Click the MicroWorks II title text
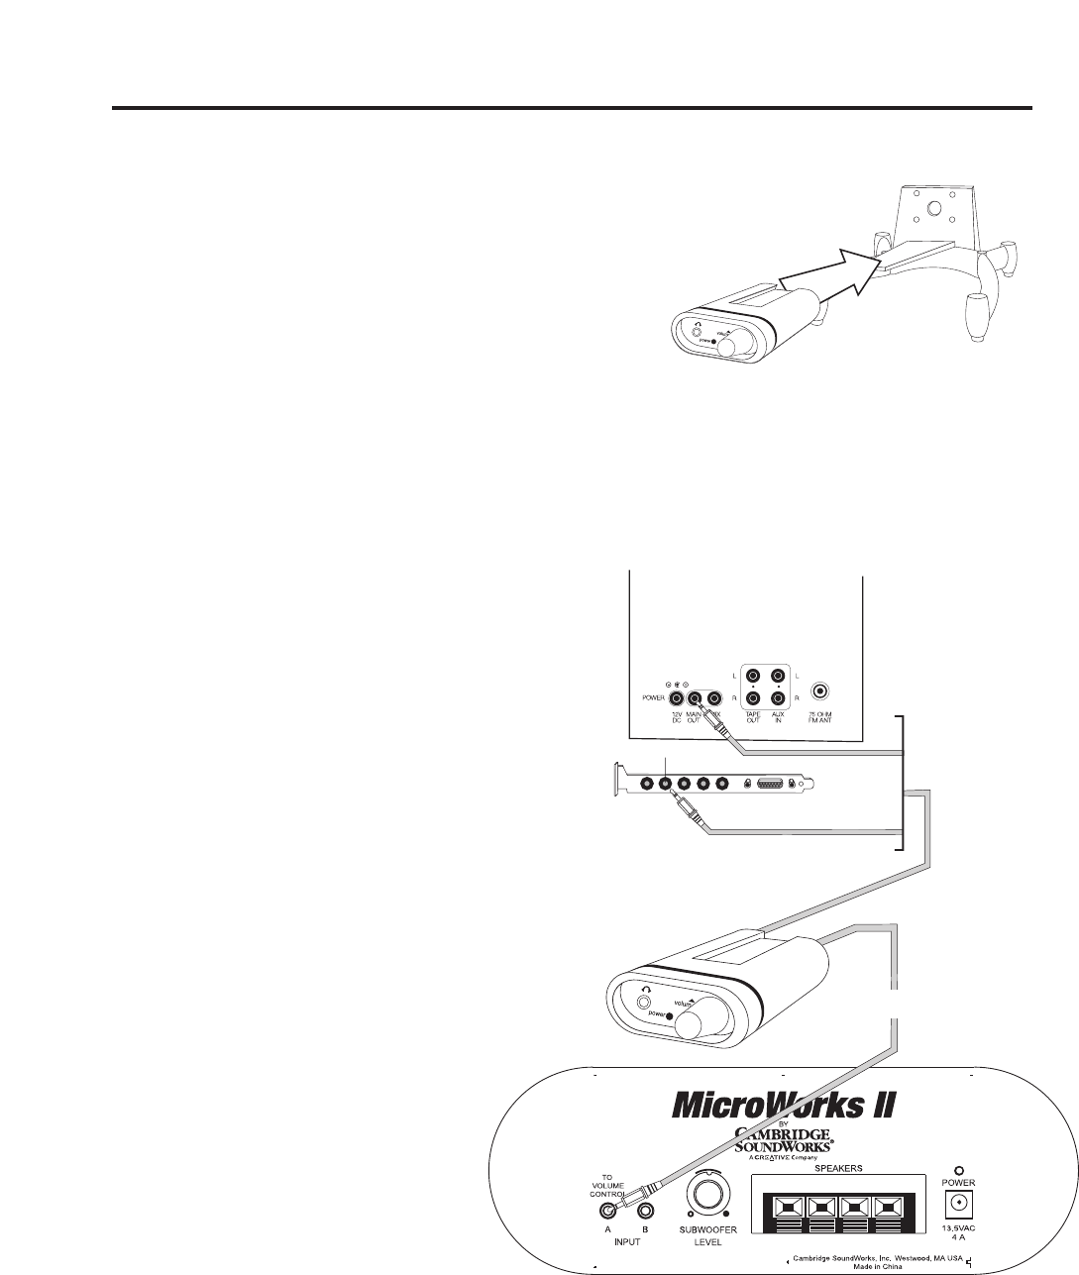[784, 1102]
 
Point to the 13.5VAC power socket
[959, 1204]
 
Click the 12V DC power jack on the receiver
[677, 696]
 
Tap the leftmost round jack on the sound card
[647, 784]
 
